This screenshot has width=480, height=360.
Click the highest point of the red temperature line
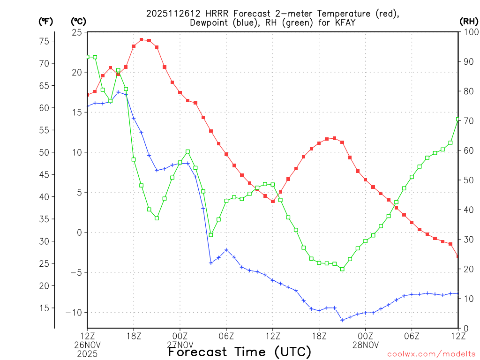(141, 40)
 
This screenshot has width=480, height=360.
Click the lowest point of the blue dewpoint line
(342, 320)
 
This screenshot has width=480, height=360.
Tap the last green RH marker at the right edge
(458, 120)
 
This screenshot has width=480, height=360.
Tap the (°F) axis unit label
(45, 21)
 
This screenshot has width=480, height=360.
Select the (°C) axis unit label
(78, 21)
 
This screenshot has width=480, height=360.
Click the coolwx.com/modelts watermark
(431, 353)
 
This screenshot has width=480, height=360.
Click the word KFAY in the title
(343, 22)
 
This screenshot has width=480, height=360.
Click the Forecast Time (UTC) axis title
(240, 352)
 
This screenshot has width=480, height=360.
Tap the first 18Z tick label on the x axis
(134, 336)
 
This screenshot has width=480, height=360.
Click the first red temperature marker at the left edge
(87, 95)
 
